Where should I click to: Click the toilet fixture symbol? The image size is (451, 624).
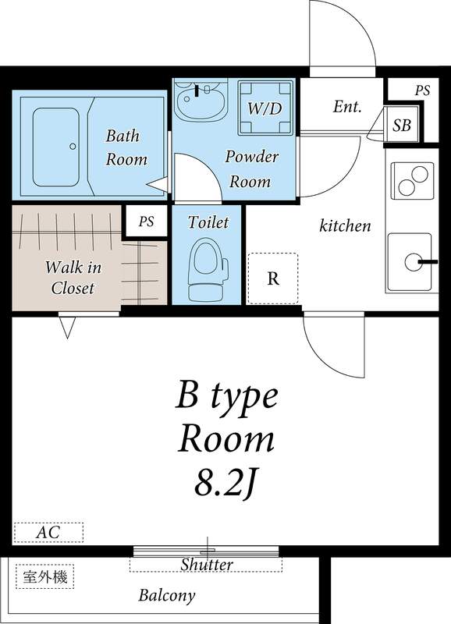point(208,269)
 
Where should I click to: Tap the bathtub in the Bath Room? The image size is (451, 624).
point(55,147)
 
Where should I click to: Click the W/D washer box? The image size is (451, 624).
point(265,108)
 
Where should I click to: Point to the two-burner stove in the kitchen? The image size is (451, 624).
point(412,181)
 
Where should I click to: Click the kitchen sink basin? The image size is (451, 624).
point(410,262)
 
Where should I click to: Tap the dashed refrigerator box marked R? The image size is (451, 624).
point(272,278)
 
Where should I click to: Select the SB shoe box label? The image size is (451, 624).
point(402,126)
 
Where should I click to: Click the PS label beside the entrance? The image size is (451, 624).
point(422,90)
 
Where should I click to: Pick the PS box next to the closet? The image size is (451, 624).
point(146,221)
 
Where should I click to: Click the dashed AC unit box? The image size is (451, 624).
point(48,533)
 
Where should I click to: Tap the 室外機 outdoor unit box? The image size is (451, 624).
point(45,576)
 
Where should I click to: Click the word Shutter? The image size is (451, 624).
point(207,564)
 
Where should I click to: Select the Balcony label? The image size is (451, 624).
point(167,596)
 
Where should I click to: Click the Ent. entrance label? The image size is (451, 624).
point(347,106)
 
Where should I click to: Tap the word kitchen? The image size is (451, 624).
point(345,225)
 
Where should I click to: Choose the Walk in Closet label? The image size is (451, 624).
point(73,278)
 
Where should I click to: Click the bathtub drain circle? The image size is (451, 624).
point(73,147)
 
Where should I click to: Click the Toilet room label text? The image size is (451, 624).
point(208,222)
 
